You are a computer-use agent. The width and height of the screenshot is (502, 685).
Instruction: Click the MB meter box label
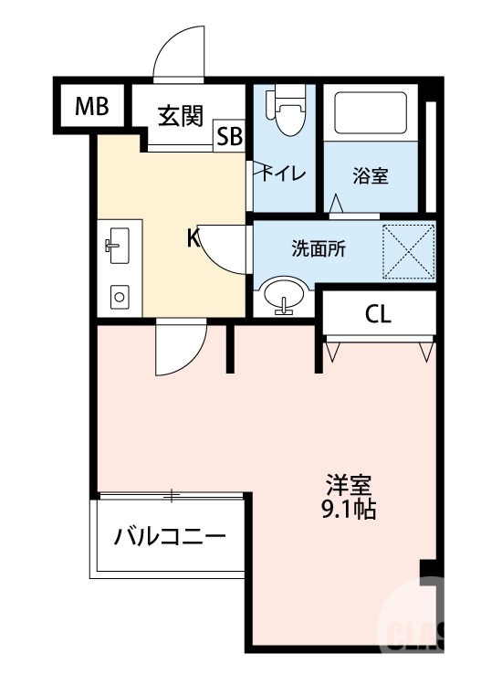(x=91, y=107)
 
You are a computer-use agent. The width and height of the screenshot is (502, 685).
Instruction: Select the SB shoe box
(x=229, y=137)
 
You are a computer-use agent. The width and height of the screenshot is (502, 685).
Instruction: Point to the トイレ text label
(x=285, y=174)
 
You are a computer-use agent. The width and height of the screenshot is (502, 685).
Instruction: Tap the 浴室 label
(x=371, y=175)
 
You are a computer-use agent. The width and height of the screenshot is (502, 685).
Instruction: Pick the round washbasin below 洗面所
(x=285, y=297)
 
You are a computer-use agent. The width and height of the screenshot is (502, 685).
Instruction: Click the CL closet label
(x=378, y=315)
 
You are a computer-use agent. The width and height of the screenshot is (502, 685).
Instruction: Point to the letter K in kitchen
(x=193, y=239)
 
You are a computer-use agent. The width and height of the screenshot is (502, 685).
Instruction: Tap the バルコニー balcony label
(x=169, y=536)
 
